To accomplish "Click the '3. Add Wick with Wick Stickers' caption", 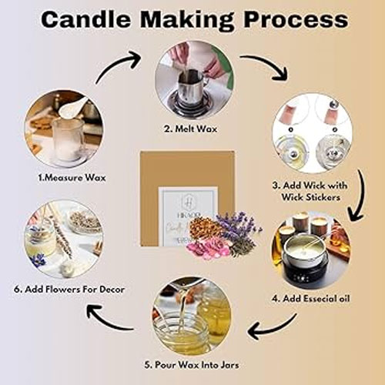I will coord(316,190).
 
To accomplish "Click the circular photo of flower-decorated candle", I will coord(63,239).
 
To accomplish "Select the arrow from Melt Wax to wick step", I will coord(266,68).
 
